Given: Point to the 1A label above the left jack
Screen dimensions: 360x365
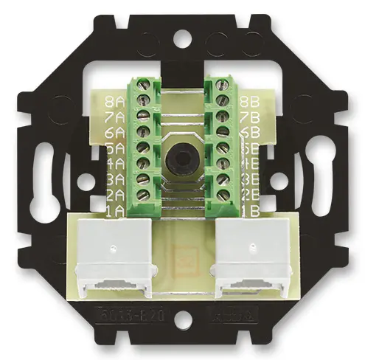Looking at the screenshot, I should click(115, 209).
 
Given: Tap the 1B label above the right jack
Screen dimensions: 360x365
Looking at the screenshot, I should click(249, 209).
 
